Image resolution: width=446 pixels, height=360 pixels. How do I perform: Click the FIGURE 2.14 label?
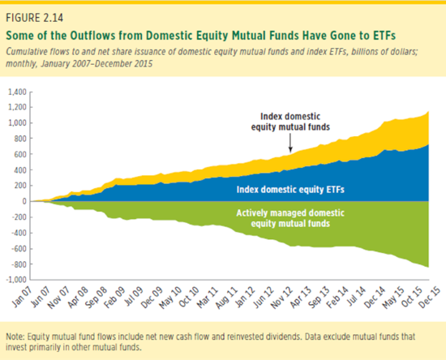pyautogui.click(x=34, y=18)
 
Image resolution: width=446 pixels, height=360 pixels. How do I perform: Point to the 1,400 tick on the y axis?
pyautogui.click(x=17, y=92)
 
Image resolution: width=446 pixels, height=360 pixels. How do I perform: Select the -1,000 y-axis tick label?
pyautogui.click(x=16, y=280)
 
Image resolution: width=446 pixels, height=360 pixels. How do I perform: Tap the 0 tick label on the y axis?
pyautogui.click(x=24, y=201)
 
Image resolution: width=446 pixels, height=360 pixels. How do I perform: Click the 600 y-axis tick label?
pyautogui.click(x=20, y=154)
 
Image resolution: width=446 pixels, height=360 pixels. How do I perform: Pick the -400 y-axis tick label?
pyautogui.click(x=19, y=233)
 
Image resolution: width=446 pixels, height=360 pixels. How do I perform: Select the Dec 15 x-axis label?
pyautogui.click(x=429, y=297)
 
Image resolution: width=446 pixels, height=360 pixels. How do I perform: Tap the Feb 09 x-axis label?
pyautogui.click(x=114, y=297)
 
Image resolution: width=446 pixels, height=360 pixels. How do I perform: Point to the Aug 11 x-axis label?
pyautogui.click(x=226, y=297)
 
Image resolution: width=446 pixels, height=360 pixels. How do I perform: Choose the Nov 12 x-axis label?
pyautogui.click(x=281, y=297)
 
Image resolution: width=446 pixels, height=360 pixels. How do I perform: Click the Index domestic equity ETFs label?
pyautogui.click(x=290, y=190)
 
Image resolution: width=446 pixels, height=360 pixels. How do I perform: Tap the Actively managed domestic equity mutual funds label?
pyautogui.click(x=290, y=218)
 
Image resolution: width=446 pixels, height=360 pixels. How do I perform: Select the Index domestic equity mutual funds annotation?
pyautogui.click(x=290, y=122)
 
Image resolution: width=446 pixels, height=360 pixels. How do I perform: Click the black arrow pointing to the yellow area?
pyautogui.click(x=290, y=143)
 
